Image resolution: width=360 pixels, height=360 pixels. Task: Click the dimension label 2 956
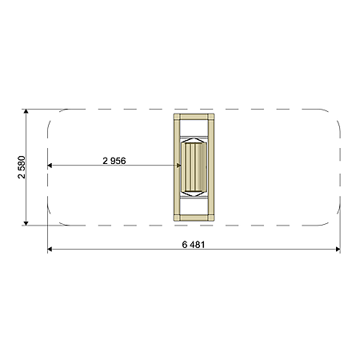coord(114,161)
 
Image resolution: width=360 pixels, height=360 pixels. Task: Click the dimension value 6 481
coord(194,245)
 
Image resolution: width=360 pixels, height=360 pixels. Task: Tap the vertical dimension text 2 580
coord(22,167)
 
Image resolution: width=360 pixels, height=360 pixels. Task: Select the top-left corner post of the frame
coord(177,117)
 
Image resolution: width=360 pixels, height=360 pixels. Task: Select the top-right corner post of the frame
coord(211,117)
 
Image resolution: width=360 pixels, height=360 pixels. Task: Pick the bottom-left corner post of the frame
coord(177,218)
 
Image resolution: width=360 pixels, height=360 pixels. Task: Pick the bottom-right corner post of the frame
coord(211,218)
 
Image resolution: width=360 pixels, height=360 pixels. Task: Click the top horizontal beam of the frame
coord(194,117)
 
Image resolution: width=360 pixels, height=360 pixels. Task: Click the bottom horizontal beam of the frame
coord(194,218)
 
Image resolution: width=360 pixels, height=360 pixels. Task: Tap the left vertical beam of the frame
coord(177,167)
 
